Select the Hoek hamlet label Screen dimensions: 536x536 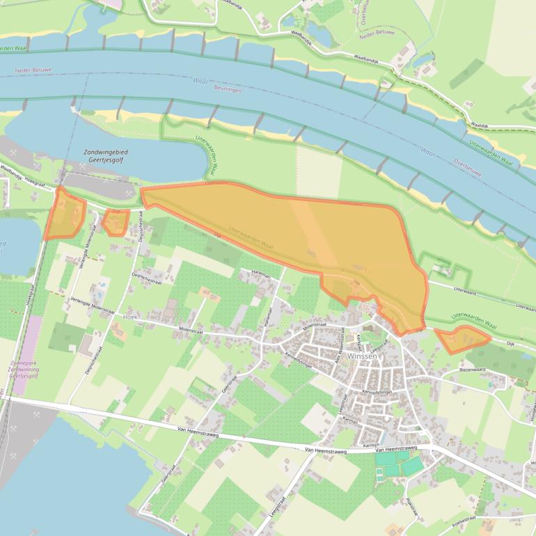130,316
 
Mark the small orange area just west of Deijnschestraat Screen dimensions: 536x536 116,222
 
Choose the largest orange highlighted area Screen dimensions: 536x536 306,240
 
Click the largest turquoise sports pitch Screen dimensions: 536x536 411,465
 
